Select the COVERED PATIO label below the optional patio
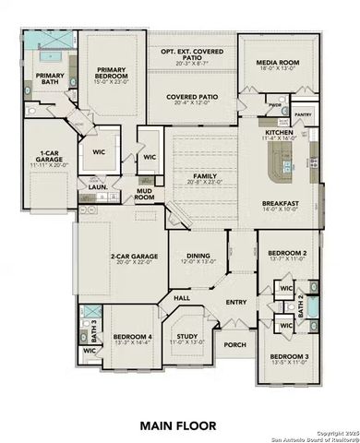coord(191,97)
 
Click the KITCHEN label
coord(279,133)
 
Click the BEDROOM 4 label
coord(132,336)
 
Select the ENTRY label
coord(236,301)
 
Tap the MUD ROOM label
coord(144,195)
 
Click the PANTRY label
coord(301,114)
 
